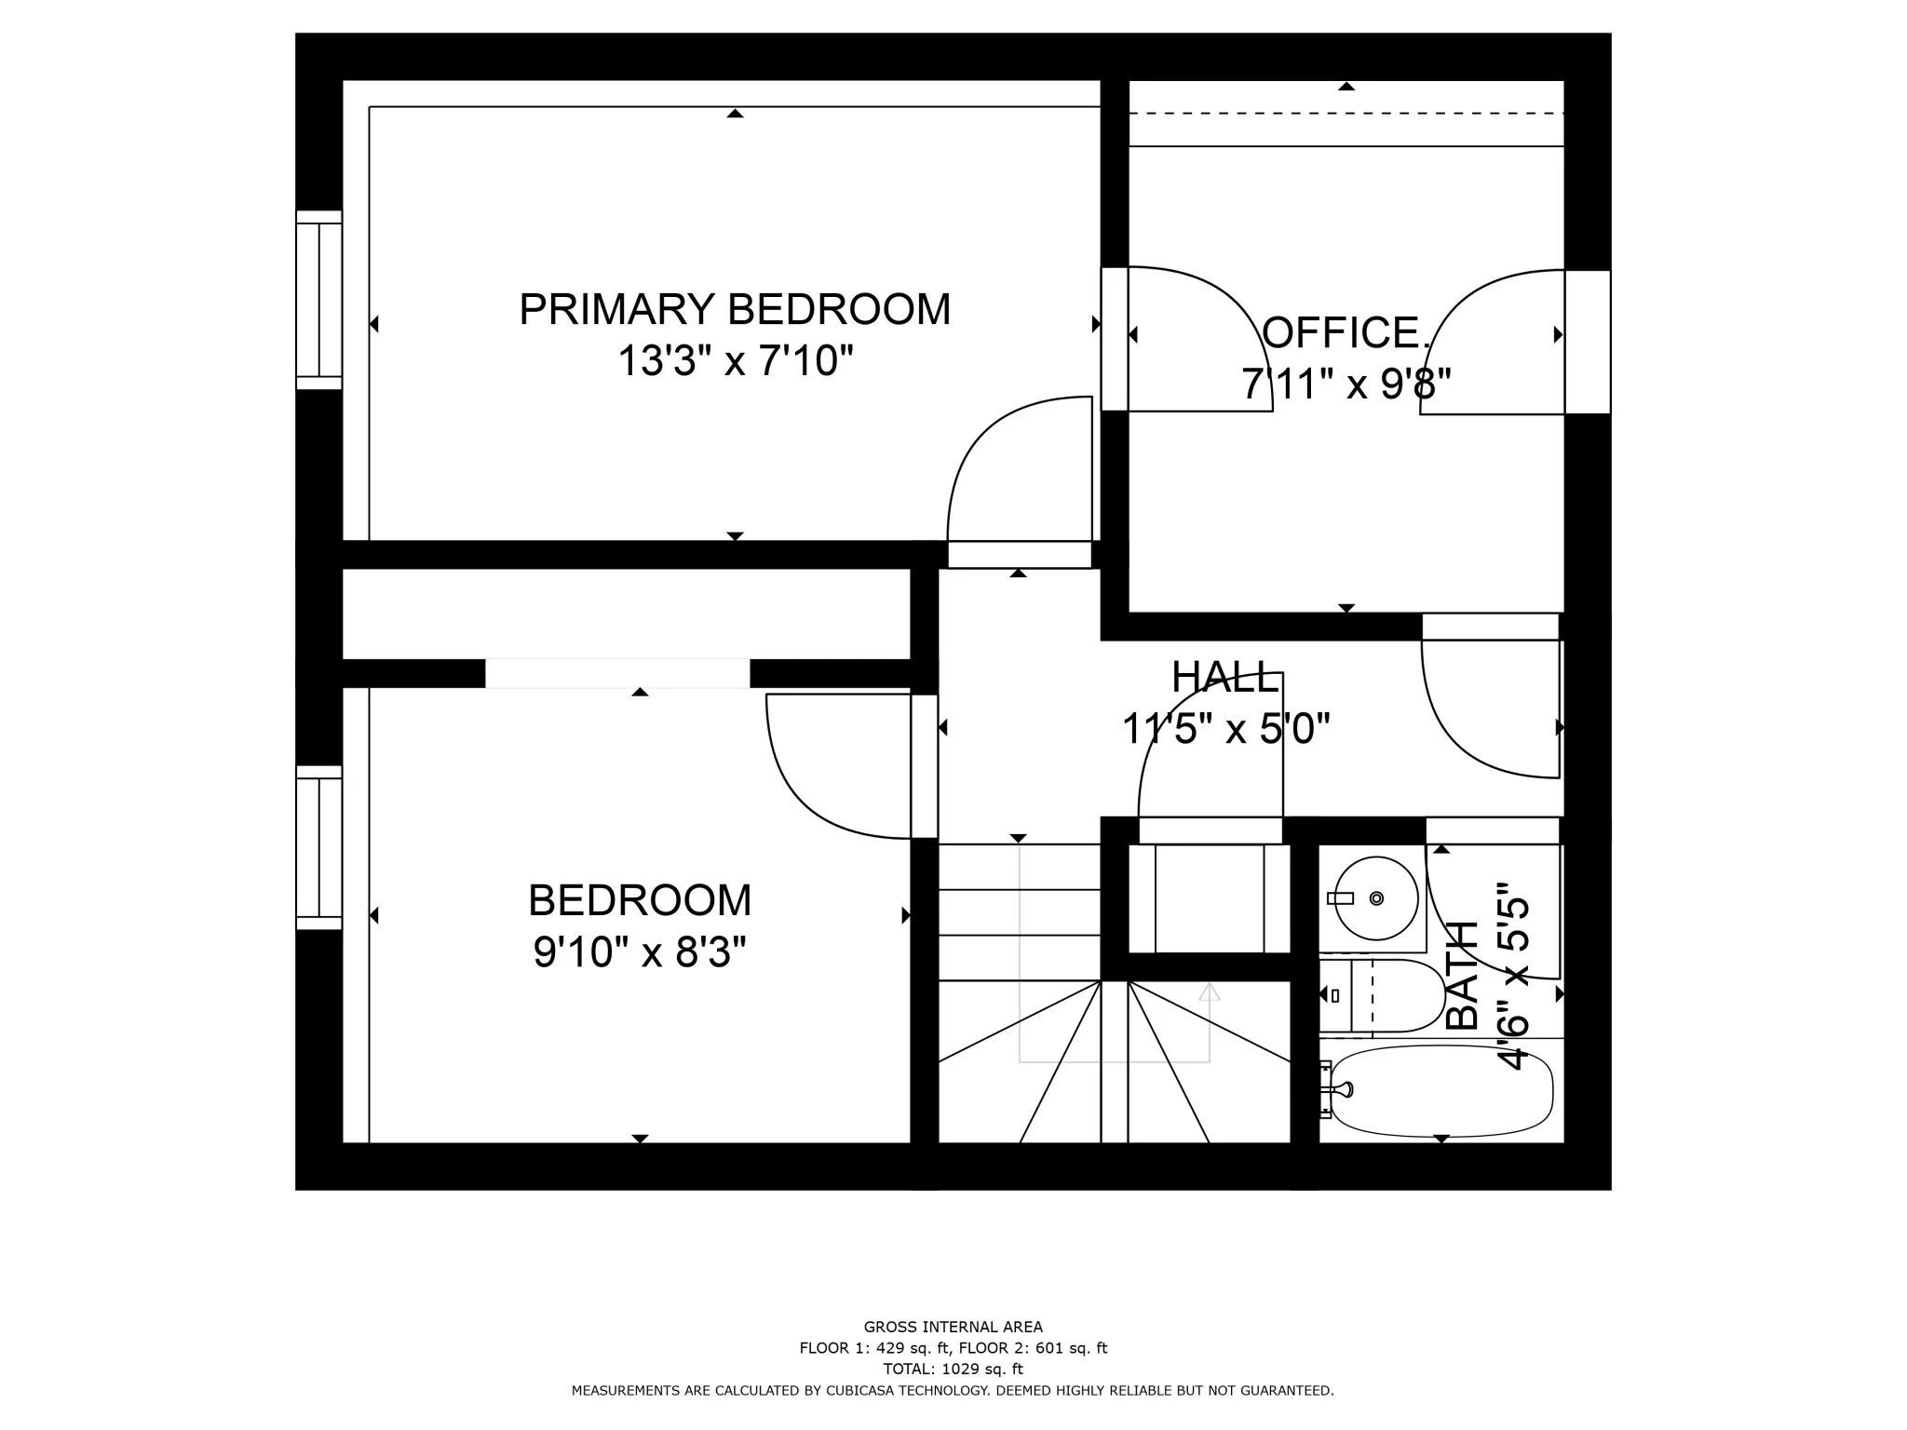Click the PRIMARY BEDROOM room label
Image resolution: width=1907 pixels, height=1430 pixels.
(x=735, y=309)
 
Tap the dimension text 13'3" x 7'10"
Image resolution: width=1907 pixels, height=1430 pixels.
(x=735, y=360)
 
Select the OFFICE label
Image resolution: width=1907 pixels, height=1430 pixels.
(x=1344, y=333)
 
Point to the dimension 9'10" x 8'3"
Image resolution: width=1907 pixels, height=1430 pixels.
(x=640, y=952)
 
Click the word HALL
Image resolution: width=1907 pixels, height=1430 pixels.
(x=1224, y=678)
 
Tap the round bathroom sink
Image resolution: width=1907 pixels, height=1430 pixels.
(x=1375, y=898)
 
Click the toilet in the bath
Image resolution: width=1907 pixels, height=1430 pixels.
(x=1387, y=996)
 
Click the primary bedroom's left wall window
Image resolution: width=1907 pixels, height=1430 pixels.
(x=319, y=300)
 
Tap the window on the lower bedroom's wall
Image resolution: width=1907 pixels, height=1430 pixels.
(x=319, y=847)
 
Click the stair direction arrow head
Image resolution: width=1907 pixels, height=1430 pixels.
(x=1209, y=992)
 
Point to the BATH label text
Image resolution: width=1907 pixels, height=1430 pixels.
(x=1464, y=975)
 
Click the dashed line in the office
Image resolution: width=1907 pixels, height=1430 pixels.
(x=1346, y=114)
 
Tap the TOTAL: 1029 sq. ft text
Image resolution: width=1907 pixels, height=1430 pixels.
(x=953, y=1369)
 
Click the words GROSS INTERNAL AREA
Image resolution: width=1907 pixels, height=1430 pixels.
(x=953, y=1328)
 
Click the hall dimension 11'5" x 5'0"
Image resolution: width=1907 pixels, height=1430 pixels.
(x=1224, y=729)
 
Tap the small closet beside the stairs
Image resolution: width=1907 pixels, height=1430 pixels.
(x=1209, y=898)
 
